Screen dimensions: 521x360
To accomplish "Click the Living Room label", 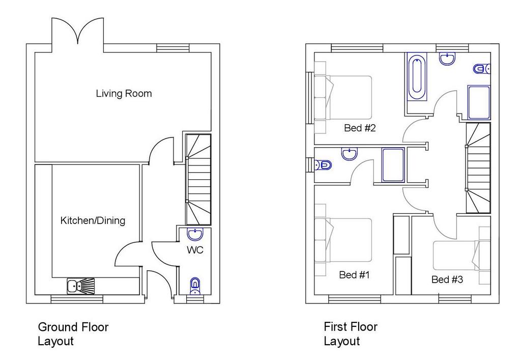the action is (x=124, y=93).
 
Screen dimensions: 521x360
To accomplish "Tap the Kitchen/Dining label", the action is (x=93, y=220).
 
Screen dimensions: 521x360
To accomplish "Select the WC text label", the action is (x=195, y=250).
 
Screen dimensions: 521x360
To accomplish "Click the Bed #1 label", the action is (x=354, y=274).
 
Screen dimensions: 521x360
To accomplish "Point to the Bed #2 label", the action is (x=360, y=128).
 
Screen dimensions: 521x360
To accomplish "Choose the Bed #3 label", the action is (x=447, y=280).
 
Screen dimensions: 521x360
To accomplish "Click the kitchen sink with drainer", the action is (x=81, y=286).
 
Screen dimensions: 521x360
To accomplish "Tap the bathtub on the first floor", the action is (x=416, y=76).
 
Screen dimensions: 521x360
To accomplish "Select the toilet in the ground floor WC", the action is (x=195, y=286).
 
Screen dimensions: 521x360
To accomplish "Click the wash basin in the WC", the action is (x=195, y=234).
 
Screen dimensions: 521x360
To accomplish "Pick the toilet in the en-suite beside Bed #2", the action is (x=323, y=165).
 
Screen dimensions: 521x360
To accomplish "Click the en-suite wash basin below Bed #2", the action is (x=350, y=154).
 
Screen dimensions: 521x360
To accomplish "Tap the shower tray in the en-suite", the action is (x=393, y=165).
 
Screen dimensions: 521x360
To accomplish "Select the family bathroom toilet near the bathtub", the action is (x=482, y=69).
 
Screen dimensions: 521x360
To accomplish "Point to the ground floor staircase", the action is (x=198, y=180).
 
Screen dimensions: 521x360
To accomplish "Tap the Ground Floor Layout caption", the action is (x=73, y=334).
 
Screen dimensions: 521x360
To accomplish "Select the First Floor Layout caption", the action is (x=351, y=334).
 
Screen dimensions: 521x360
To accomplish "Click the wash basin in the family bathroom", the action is (x=447, y=59).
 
